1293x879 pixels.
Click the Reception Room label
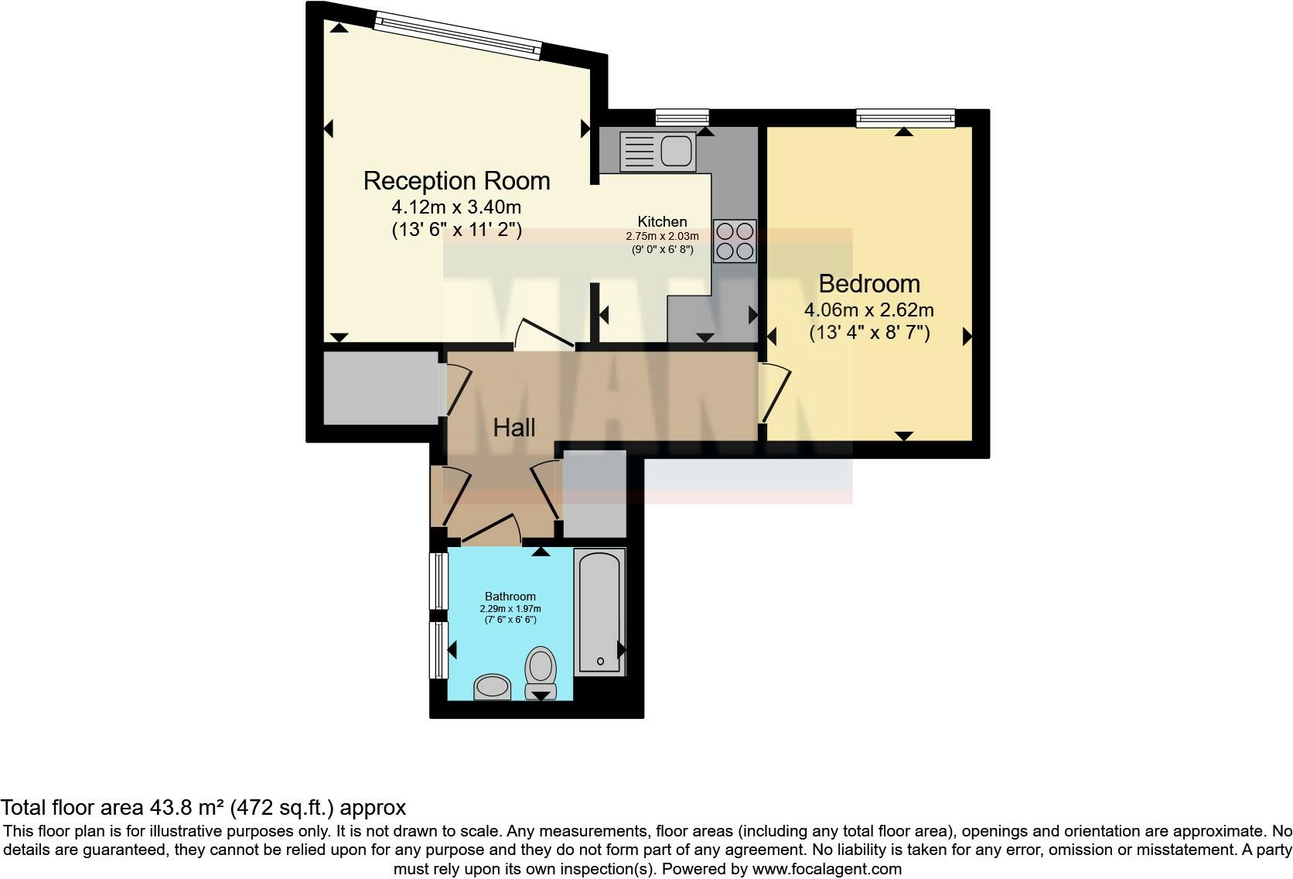pyautogui.click(x=456, y=181)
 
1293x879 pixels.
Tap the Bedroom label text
pyautogui.click(x=869, y=284)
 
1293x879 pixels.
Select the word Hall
pyautogui.click(x=514, y=428)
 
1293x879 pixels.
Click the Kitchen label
pyautogui.click(x=662, y=222)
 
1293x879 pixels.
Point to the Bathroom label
pyautogui.click(x=510, y=597)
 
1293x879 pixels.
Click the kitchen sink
pyautogui.click(x=657, y=150)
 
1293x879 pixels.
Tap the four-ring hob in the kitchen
pyautogui.click(x=735, y=241)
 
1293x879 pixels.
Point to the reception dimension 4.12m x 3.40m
pyautogui.click(x=456, y=207)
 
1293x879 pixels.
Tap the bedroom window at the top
pyautogui.click(x=905, y=118)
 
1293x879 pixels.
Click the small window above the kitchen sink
pyautogui.click(x=681, y=118)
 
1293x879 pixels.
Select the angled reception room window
pyautogui.click(x=457, y=34)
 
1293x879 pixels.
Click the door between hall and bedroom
pyautogui.click(x=776, y=395)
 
